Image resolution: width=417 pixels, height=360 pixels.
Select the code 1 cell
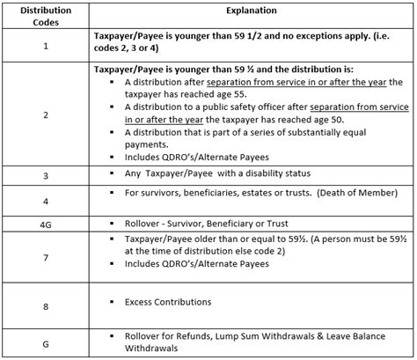tap(45, 46)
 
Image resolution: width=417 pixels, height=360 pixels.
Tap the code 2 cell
tap(45, 114)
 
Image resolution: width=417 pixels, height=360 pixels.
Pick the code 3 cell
tap(45, 176)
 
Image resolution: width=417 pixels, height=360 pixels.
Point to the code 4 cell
tap(45, 202)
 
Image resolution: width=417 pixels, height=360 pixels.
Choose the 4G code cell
tap(45, 224)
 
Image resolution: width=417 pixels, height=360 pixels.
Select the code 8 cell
tap(45, 305)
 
